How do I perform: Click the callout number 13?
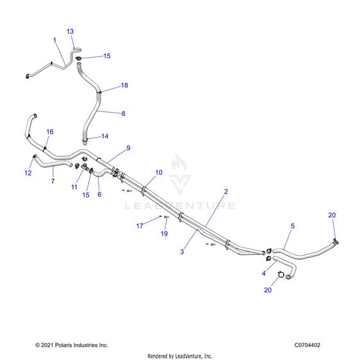pyautogui.click(x=70, y=31)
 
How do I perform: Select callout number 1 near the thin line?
pyautogui.click(x=54, y=40)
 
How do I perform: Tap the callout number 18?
pyautogui.click(x=124, y=85)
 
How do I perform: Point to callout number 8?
pyautogui.click(x=124, y=113)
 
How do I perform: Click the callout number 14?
pyautogui.click(x=105, y=136)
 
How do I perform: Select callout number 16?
pyautogui.click(x=50, y=132)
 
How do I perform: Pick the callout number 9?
pyautogui.click(x=128, y=148)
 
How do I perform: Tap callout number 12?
pyautogui.click(x=28, y=173)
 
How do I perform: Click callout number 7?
pyautogui.click(x=53, y=181)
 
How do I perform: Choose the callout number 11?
pyautogui.click(x=74, y=187)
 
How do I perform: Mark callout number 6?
pyautogui.click(x=99, y=195)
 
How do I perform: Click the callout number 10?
pyautogui.click(x=159, y=172)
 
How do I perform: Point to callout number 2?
pyautogui.click(x=226, y=192)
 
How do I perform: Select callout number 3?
pyautogui.click(x=182, y=252)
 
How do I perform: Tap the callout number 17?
pyautogui.click(x=140, y=226)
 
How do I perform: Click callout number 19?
pyautogui.click(x=164, y=234)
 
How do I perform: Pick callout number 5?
pyautogui.click(x=293, y=226)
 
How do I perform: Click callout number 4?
pyautogui.click(x=264, y=274)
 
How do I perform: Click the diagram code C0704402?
pyautogui.click(x=307, y=345)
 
